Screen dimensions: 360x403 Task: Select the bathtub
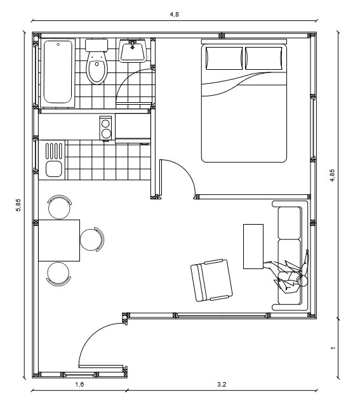[58, 73]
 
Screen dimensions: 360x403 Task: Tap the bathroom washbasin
[133, 51]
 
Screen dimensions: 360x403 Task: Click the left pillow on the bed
[224, 58]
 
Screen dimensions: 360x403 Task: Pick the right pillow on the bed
[264, 58]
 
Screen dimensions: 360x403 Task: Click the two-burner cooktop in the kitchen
[105, 128]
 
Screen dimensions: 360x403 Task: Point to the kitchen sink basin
[54, 169]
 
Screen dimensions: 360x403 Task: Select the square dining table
[59, 241]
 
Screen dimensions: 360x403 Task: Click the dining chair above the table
[60, 207]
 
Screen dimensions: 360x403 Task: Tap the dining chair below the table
[58, 274]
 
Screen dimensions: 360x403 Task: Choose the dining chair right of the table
[92, 239]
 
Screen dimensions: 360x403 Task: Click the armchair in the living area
[211, 280]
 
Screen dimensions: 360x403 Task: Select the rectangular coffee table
[253, 246]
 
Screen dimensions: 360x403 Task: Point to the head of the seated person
[302, 281]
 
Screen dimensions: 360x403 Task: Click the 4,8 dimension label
[174, 15]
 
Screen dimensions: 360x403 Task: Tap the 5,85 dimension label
[18, 205]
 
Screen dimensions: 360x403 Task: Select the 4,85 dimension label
[333, 175]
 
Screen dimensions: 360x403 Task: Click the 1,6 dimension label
[79, 385]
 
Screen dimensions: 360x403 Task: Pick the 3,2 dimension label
[222, 385]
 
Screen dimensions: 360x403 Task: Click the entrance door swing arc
[93, 335]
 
